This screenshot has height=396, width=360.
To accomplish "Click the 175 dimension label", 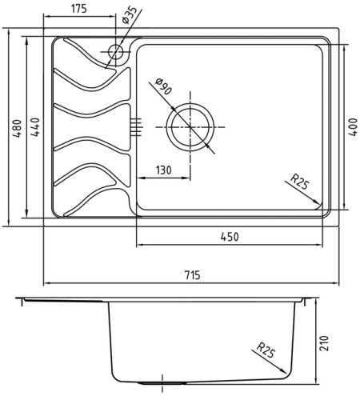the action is [79, 9].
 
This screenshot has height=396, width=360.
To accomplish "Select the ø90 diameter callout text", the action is [162, 86].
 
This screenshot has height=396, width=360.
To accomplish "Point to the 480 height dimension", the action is [17, 128].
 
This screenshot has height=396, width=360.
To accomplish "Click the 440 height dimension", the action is [35, 127].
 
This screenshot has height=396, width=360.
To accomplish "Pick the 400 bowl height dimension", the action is [353, 127].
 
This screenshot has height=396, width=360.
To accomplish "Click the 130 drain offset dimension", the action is [163, 170].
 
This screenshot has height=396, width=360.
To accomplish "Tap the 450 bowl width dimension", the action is [230, 237].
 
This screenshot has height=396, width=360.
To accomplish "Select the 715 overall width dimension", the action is [192, 274].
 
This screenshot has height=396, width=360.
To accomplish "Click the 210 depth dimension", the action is [324, 343].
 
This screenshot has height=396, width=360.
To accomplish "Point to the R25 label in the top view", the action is [299, 182].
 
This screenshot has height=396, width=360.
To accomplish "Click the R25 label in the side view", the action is [266, 350].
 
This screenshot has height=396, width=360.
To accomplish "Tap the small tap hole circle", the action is [116, 52].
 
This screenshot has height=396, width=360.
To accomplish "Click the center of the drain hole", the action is [190, 127].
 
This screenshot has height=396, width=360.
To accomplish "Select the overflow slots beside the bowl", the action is [136, 127].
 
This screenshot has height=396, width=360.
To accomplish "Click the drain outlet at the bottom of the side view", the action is [162, 383].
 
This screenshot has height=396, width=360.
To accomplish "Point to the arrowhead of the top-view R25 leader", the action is [316, 202].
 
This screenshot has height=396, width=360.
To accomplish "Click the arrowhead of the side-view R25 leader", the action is [283, 371].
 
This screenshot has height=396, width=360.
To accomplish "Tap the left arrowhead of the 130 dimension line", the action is [141, 178].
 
